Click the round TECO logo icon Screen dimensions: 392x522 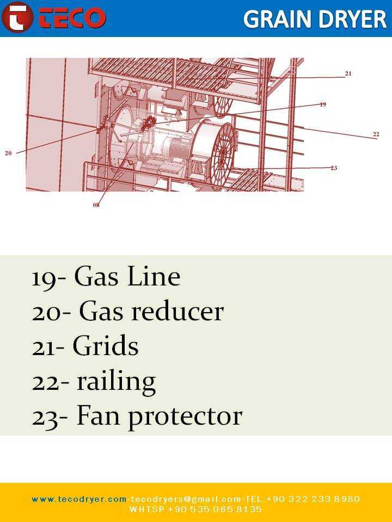point(17,17)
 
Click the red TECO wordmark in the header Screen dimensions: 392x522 point(72,17)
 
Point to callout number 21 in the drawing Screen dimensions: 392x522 point(348,73)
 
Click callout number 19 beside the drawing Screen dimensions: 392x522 point(323,104)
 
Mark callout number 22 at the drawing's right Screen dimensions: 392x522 point(376,134)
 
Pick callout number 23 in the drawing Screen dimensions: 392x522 point(334,168)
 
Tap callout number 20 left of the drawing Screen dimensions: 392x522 point(8,153)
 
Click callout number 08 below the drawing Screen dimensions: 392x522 point(96,205)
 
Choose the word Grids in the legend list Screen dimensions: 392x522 point(105,346)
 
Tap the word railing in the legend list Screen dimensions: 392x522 point(117,382)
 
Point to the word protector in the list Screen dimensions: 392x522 point(186,418)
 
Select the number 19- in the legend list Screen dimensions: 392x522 point(50,277)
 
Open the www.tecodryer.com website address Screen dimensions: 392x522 point(79,499)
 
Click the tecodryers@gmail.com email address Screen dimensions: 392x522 point(185,499)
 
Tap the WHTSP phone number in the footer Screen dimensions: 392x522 point(195,509)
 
